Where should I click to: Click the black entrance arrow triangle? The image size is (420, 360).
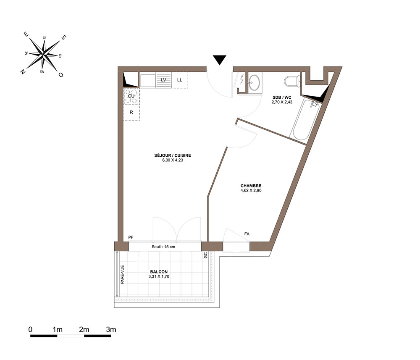click(x=220, y=60)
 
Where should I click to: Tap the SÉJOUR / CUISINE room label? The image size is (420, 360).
click(x=173, y=155)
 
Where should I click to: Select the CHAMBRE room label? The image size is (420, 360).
click(x=251, y=186)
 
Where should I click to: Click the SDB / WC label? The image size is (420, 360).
click(x=282, y=97)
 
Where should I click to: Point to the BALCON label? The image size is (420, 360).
click(x=159, y=272)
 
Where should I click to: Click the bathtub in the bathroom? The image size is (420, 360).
click(x=305, y=120)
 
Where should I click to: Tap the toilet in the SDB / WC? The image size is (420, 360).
click(x=292, y=81)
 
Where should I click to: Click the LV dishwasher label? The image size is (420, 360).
click(x=163, y=80)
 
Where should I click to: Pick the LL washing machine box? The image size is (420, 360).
click(x=180, y=80)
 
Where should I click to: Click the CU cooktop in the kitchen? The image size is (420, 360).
click(x=131, y=96)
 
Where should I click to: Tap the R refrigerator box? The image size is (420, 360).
click(x=131, y=112)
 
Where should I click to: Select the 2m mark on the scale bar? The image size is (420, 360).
click(x=84, y=329)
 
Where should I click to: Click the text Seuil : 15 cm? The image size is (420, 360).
click(x=163, y=247)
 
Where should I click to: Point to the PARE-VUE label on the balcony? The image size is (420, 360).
click(x=122, y=274)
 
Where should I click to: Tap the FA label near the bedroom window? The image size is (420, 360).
click(x=247, y=234)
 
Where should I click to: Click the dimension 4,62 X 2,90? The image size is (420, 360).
click(x=251, y=190)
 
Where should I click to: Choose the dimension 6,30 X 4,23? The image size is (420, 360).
click(x=173, y=160)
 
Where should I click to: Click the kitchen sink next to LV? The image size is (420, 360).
click(x=147, y=80)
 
